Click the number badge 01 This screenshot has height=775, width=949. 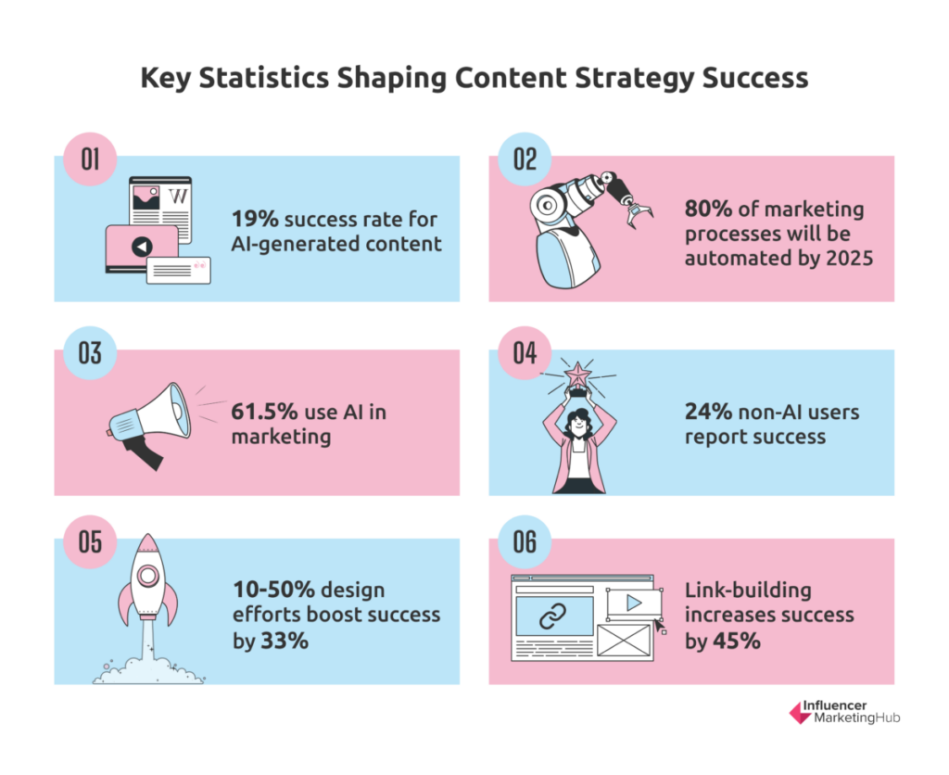coord(90,159)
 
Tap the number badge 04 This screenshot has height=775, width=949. coord(525,353)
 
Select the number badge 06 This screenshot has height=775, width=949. coord(525,542)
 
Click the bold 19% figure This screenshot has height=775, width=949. coord(255,219)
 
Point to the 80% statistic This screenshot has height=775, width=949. coord(708,209)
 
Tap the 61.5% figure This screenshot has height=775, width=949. coord(264,412)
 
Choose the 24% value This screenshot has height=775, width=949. coord(708,412)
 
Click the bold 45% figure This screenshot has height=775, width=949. coord(737,641)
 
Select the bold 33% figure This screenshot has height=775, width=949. coord(285,641)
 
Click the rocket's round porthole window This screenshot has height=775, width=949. coord(147,575)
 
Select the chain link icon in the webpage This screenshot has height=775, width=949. coord(552,616)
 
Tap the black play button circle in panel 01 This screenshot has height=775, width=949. coord(142,247)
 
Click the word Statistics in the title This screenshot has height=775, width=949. coord(264,78)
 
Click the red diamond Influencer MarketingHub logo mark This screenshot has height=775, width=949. coord(800,713)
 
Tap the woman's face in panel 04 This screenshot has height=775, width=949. coord(579,424)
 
